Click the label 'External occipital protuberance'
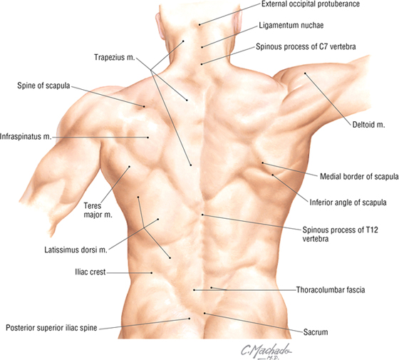[311, 4]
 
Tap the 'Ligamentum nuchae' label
[291, 26]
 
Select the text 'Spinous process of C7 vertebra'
[306, 46]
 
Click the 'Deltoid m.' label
[368, 125]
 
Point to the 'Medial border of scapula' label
[359, 177]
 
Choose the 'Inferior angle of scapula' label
[348, 202]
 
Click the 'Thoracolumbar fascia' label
[331, 289]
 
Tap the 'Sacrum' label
[316, 332]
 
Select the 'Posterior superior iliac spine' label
[51, 328]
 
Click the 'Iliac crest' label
[90, 272]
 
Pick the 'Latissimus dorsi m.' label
[76, 250]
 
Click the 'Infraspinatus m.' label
[26, 137]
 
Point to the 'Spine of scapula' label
[43, 86]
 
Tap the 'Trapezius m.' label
[114, 57]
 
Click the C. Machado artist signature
[266, 351]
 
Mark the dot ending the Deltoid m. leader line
[306, 73]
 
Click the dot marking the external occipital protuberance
[199, 25]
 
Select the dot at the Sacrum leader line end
[204, 313]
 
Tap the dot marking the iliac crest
[152, 273]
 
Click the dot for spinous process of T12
[202, 215]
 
